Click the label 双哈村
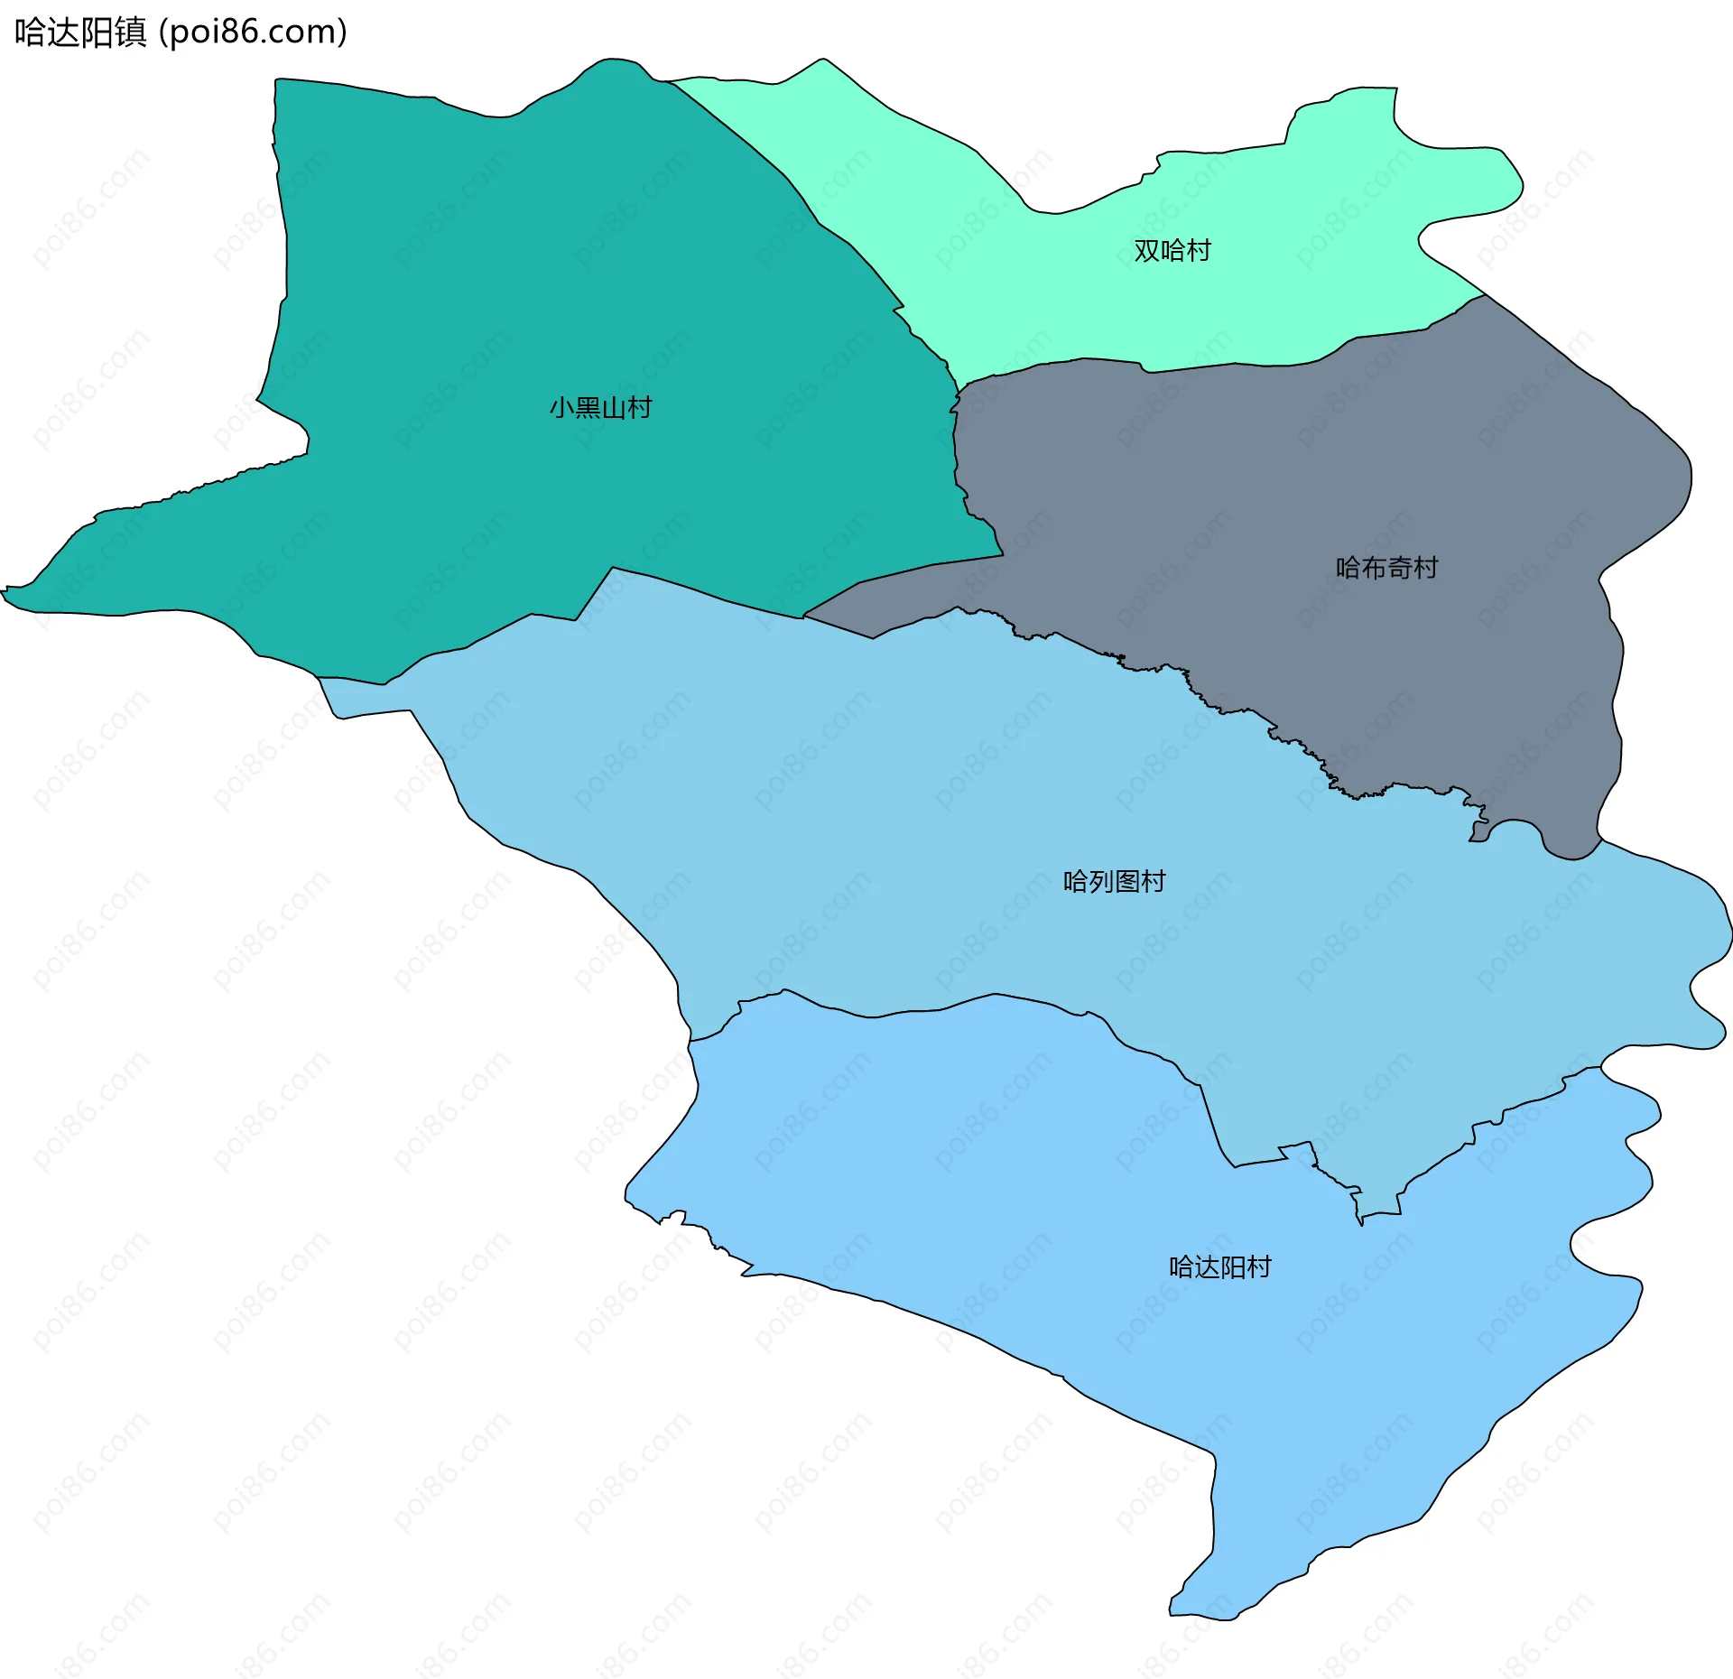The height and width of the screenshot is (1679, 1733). pyautogui.click(x=1172, y=250)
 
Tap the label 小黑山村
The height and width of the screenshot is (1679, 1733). pyautogui.click(x=600, y=408)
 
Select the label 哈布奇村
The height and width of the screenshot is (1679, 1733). pyautogui.click(x=1386, y=568)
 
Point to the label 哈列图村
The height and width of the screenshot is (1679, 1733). pyautogui.click(x=1114, y=881)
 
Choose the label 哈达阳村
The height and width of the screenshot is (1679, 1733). pyautogui.click(x=1219, y=1267)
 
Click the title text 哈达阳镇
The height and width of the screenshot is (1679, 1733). pyautogui.click(x=80, y=32)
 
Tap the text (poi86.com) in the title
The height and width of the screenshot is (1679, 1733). pyautogui.click(x=253, y=32)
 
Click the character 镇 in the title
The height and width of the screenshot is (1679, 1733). pyautogui.click(x=131, y=32)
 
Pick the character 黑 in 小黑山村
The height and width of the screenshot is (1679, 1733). pyautogui.click(x=588, y=408)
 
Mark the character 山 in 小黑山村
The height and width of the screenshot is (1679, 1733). pyautogui.click(x=614, y=408)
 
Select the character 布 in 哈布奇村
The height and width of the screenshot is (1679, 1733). pyautogui.click(x=1374, y=568)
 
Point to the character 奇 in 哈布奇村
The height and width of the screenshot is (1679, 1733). pyautogui.click(x=1400, y=568)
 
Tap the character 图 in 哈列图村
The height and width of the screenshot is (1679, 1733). pyautogui.click(x=1127, y=881)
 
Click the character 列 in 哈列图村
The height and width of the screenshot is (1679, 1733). pyautogui.click(x=1101, y=881)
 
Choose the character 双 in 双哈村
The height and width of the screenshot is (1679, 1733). pyautogui.click(x=1146, y=250)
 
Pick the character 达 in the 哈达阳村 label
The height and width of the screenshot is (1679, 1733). pyautogui.click(x=1207, y=1267)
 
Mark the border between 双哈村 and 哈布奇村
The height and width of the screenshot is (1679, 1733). pyautogui.click(x=1264, y=365)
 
